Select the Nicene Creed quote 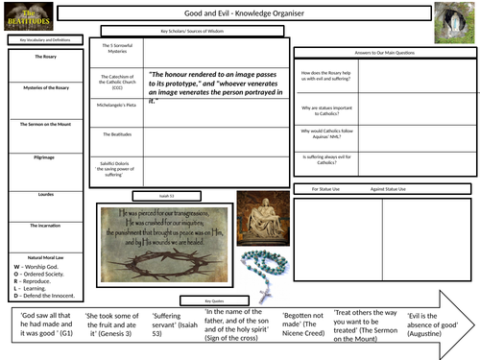[303, 325]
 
